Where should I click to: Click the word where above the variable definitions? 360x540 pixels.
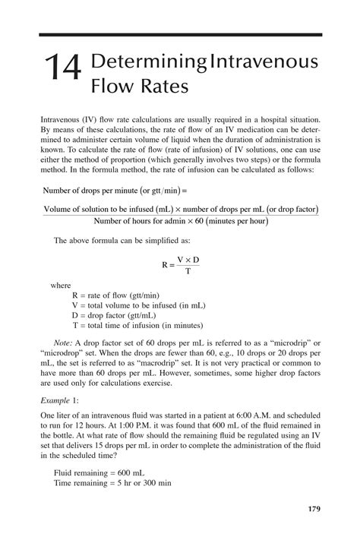point(60,286)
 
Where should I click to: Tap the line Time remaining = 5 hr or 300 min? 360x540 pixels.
point(112,482)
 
